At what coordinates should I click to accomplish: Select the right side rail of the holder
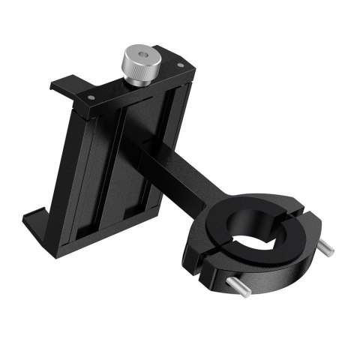174,150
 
